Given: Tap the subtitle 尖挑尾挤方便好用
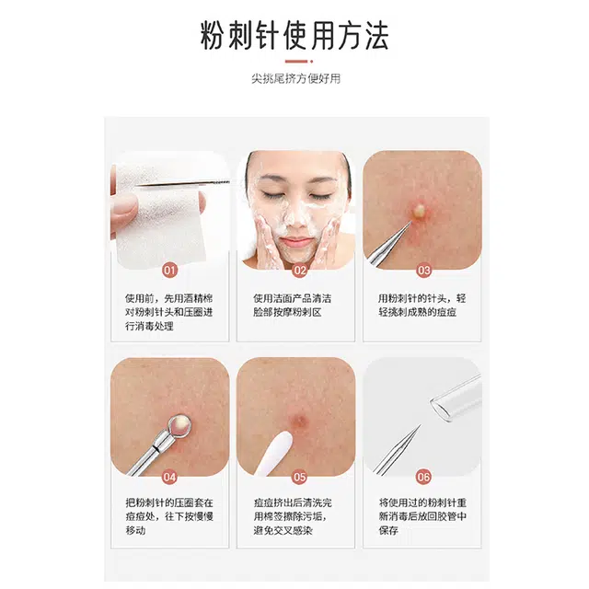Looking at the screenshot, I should pyautogui.click(x=294, y=78).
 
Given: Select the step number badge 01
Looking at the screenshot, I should pyautogui.click(x=169, y=271).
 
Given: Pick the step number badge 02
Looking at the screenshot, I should pyautogui.click(x=300, y=271).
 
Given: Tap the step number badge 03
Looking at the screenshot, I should pyautogui.click(x=424, y=271).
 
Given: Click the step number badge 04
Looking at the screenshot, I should pyautogui.click(x=169, y=477).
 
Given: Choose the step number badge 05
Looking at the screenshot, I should pyautogui.click(x=300, y=477).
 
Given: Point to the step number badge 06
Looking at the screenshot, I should pyautogui.click(x=424, y=477).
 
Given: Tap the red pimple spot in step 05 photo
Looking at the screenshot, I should pyautogui.click(x=301, y=422).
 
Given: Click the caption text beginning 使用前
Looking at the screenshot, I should pyautogui.click(x=169, y=314).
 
